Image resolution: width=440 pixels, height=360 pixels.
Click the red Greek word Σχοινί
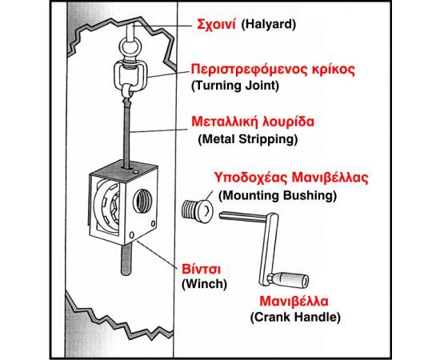coord(216,25)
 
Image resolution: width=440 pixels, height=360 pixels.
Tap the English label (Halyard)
coord(269,25)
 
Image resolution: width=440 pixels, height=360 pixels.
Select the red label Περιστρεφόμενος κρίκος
coord(273,70)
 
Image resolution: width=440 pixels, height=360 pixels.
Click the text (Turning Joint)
coord(235,86)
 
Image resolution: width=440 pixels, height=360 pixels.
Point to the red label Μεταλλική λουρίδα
coord(253,122)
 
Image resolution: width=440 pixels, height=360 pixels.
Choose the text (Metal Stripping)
coord(248,139)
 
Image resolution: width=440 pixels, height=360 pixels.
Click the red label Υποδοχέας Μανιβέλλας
coord(291,178)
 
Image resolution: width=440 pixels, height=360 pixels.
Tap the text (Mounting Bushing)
coord(278,195)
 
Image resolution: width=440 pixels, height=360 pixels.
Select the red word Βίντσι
coord(201,269)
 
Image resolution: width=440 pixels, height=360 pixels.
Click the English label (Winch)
coord(204,284)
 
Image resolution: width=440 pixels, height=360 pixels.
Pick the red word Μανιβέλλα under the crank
coord(294,302)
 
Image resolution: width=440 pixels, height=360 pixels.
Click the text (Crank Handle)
coord(295,317)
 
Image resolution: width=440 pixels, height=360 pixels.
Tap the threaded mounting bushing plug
coord(197,210)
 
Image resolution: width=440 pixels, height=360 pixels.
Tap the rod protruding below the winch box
coord(126,258)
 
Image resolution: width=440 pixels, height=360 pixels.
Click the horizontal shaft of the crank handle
coord(243,217)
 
